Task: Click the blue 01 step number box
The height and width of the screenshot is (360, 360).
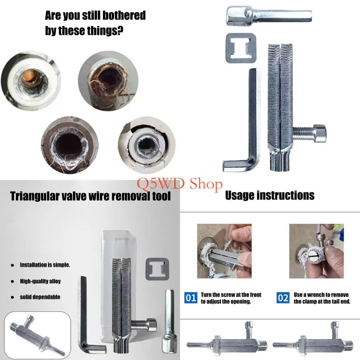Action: pyautogui.click(x=191, y=298)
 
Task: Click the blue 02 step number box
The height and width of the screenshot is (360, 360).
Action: pyautogui.click(x=283, y=298)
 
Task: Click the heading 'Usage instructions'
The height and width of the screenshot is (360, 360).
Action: pyautogui.click(x=270, y=195)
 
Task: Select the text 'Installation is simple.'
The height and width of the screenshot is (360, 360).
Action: pyautogui.click(x=45, y=265)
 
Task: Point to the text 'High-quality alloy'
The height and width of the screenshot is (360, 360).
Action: pyautogui.click(x=40, y=281)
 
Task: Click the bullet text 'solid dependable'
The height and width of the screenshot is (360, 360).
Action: pyautogui.click(x=40, y=297)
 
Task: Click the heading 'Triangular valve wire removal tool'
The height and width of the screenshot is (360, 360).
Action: pyautogui.click(x=90, y=195)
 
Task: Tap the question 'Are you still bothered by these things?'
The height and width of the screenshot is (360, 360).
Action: pyautogui.click(x=95, y=23)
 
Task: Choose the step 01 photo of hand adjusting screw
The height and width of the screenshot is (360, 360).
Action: pyautogui.click(x=224, y=251)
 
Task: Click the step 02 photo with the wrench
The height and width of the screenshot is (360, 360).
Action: pyautogui.click(x=316, y=251)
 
